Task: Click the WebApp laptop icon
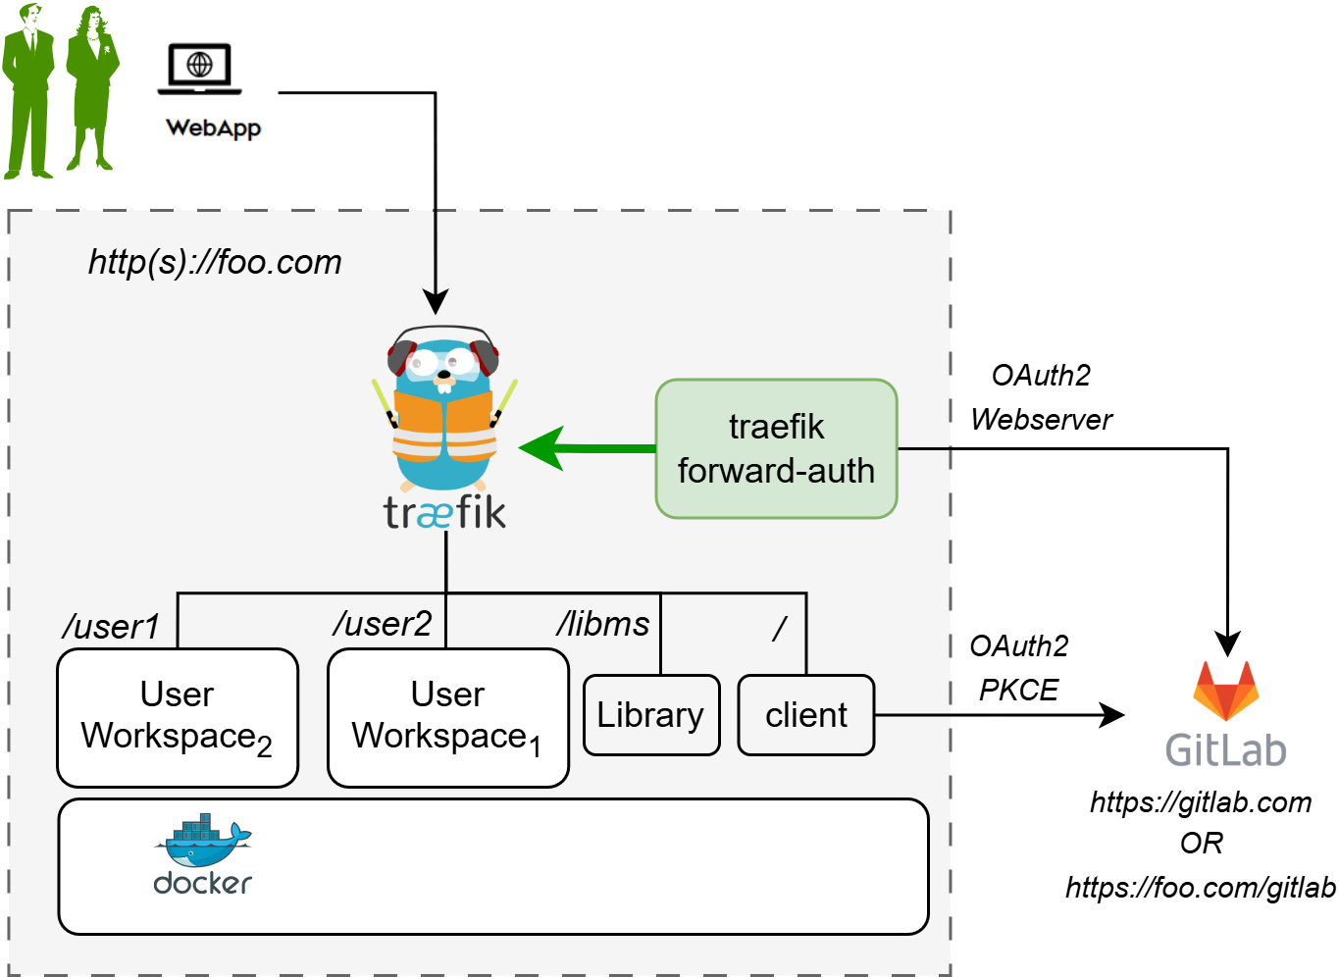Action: point(199,69)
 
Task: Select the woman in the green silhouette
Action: point(91,88)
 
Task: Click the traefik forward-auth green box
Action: point(776,449)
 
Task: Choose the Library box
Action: point(651,715)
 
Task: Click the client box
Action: point(805,715)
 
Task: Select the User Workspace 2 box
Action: point(178,717)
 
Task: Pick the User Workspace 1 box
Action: point(448,717)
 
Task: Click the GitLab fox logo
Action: point(1225,691)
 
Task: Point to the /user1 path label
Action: point(110,627)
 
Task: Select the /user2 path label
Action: point(383,624)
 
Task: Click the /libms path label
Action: point(603,624)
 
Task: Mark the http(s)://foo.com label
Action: point(215,262)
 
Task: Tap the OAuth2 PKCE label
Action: point(1018,668)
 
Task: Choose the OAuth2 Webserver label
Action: point(1041,397)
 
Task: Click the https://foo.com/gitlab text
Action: point(1201,888)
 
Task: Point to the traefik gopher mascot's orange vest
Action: point(444,428)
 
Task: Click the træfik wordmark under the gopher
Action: point(444,513)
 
